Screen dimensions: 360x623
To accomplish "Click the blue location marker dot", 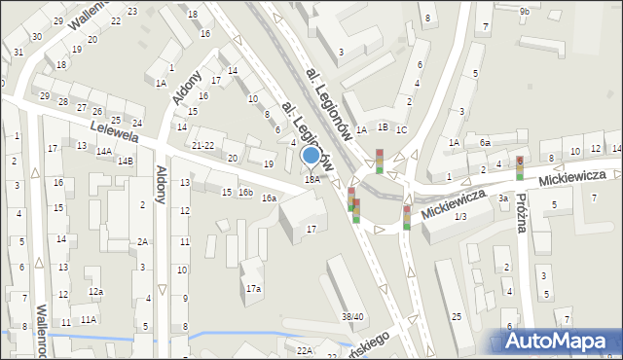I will [311, 155].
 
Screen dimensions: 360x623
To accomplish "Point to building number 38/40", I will [351, 316].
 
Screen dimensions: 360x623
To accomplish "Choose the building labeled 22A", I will [305, 349].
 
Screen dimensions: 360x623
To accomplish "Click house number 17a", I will [253, 288].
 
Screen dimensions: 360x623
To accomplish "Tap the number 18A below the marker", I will [311, 179].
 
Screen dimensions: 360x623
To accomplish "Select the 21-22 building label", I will [203, 145].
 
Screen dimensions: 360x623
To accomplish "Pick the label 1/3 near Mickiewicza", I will [460, 215].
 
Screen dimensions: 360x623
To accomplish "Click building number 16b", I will [246, 193].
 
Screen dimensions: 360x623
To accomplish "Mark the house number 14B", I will [126, 161].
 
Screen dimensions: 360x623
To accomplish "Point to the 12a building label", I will [94, 292].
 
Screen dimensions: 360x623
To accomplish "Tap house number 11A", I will [89, 319].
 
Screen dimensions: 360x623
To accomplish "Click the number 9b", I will [525, 11].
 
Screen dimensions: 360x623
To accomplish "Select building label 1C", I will [401, 129].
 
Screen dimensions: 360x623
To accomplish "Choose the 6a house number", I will [485, 142].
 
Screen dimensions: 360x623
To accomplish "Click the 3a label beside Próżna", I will [503, 198].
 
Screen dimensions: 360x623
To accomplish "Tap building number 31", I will [19, 52].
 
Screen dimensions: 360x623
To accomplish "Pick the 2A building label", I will [142, 241].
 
